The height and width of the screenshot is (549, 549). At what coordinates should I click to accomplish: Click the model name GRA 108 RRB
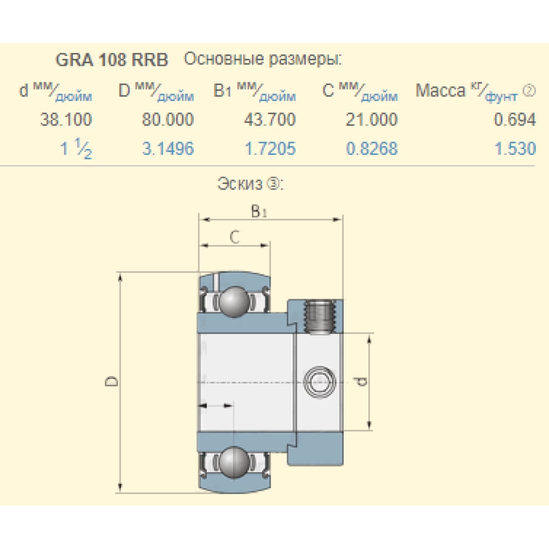point(112,60)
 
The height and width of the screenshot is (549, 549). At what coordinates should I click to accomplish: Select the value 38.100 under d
point(66,120)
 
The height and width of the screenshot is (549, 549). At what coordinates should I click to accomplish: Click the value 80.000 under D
point(168,120)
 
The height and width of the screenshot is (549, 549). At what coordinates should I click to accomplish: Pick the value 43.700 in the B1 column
point(270,120)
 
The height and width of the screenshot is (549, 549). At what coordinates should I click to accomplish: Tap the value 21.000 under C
point(372,120)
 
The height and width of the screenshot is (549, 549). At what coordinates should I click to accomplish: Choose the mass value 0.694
point(514,120)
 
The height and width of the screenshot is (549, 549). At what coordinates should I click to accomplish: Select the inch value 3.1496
point(168,149)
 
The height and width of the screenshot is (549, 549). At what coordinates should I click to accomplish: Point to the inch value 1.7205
point(270,149)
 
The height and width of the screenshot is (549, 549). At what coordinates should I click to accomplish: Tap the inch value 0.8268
point(372,149)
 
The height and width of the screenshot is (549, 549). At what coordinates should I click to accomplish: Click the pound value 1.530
point(515,149)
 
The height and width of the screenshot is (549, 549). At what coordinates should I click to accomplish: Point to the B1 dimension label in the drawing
point(259,211)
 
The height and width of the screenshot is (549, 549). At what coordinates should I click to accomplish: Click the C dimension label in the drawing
point(234,237)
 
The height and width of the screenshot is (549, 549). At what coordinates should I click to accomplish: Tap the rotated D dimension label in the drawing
point(111,381)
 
